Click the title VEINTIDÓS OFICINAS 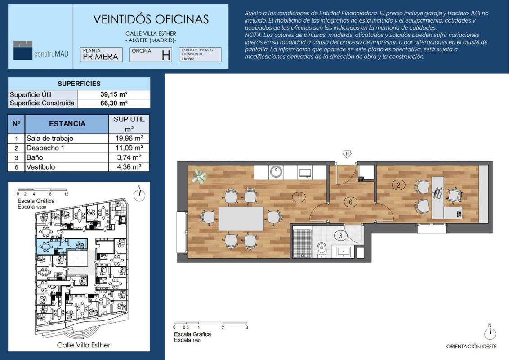click(x=151, y=19)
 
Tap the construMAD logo click(x=41, y=51)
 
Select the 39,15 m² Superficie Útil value click(x=114, y=94)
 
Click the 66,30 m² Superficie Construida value click(x=114, y=103)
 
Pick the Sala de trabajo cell click(x=49, y=139)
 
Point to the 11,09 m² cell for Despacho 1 click(x=129, y=148)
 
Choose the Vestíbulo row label click(x=40, y=167)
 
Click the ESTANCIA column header click(x=67, y=124)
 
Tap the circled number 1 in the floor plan click(x=298, y=197)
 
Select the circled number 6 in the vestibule click(x=351, y=202)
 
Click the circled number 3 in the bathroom click(x=340, y=235)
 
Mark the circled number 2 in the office click(x=399, y=185)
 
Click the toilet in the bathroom click(x=321, y=250)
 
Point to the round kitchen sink click(x=276, y=171)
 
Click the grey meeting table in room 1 click(x=241, y=219)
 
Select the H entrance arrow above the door click(x=347, y=154)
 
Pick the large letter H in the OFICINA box click(x=166, y=55)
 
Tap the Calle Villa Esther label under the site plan click(x=84, y=345)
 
